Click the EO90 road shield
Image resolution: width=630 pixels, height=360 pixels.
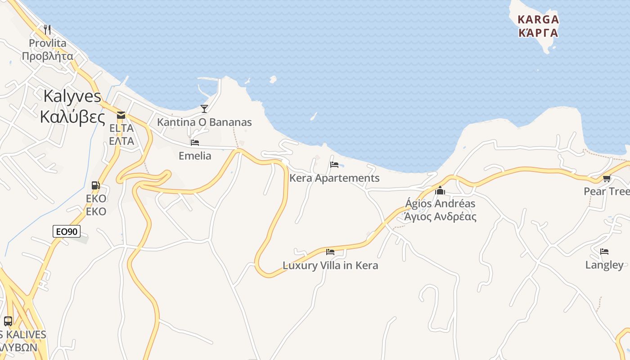(66, 232)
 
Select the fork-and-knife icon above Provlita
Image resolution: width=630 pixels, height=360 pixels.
(47, 30)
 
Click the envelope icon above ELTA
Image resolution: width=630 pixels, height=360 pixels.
(121, 115)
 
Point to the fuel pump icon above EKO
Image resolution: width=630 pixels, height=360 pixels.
(95, 185)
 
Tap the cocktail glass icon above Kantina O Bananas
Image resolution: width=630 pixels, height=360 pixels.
(204, 108)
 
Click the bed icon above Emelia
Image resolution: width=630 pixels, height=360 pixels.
(195, 143)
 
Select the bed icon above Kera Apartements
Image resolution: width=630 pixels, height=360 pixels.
(334, 165)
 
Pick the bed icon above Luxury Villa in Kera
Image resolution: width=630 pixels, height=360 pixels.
(330, 252)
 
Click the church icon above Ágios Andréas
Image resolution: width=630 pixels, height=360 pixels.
(440, 190)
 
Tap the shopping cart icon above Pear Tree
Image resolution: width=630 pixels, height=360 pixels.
(607, 179)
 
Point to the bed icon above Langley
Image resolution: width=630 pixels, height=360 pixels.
(604, 252)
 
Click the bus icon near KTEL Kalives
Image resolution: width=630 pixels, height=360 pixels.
(8, 321)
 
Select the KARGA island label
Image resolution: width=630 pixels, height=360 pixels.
(538, 20)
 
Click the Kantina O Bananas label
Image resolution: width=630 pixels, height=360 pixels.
(204, 122)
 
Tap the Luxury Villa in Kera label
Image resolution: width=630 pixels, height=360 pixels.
(330, 265)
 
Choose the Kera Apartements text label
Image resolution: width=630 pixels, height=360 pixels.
(334, 178)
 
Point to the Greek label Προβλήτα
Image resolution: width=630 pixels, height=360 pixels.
(47, 56)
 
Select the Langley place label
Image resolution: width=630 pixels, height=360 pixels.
(604, 265)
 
